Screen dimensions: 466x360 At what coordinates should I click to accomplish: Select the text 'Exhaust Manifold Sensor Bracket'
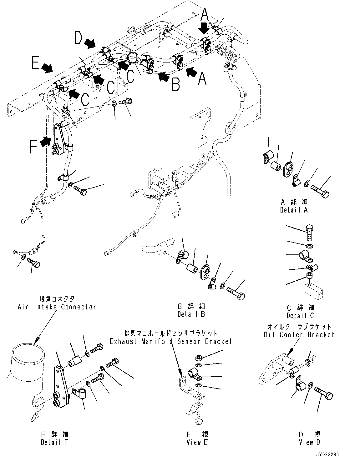pos(171,341)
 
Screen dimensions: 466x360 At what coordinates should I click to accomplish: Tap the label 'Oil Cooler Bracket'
pos(299,334)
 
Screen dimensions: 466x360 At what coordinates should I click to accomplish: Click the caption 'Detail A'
pos(294,210)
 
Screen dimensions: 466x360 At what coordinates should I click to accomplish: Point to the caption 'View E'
pos(197,442)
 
